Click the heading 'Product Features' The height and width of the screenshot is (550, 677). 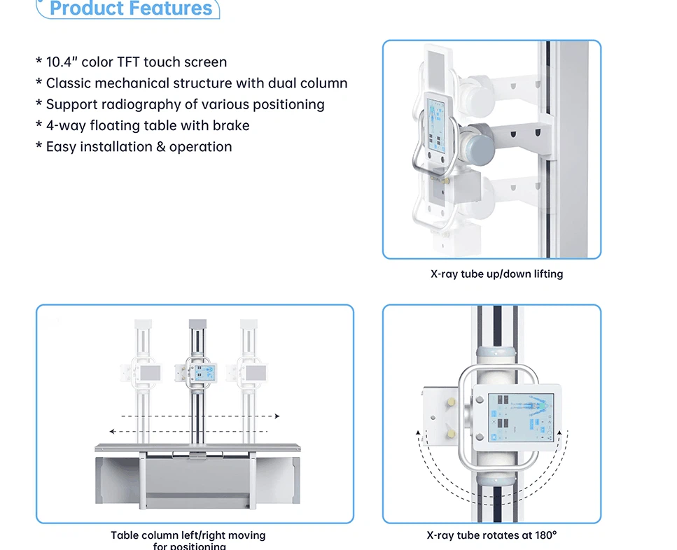[131, 9]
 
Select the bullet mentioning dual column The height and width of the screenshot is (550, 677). [192, 83]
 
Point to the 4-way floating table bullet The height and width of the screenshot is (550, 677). [143, 126]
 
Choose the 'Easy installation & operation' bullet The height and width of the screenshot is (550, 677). [134, 147]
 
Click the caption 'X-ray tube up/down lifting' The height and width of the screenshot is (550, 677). [496, 274]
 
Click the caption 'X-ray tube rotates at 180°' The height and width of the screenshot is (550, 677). [491, 535]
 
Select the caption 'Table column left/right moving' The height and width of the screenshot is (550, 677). [188, 535]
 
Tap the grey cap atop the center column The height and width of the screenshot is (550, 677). [198, 325]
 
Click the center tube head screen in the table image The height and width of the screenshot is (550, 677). [203, 373]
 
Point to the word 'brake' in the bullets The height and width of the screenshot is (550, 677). [231, 126]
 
